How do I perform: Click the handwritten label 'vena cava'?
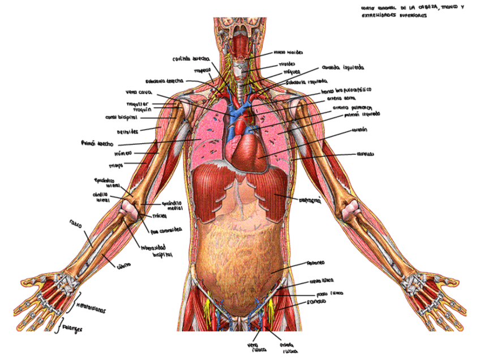click(137, 92)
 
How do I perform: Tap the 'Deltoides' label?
click(128, 131)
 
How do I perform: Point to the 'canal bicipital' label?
click(122, 117)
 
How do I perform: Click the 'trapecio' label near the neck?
click(202, 71)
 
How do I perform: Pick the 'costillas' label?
click(365, 153)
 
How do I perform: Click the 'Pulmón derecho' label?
click(98, 143)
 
